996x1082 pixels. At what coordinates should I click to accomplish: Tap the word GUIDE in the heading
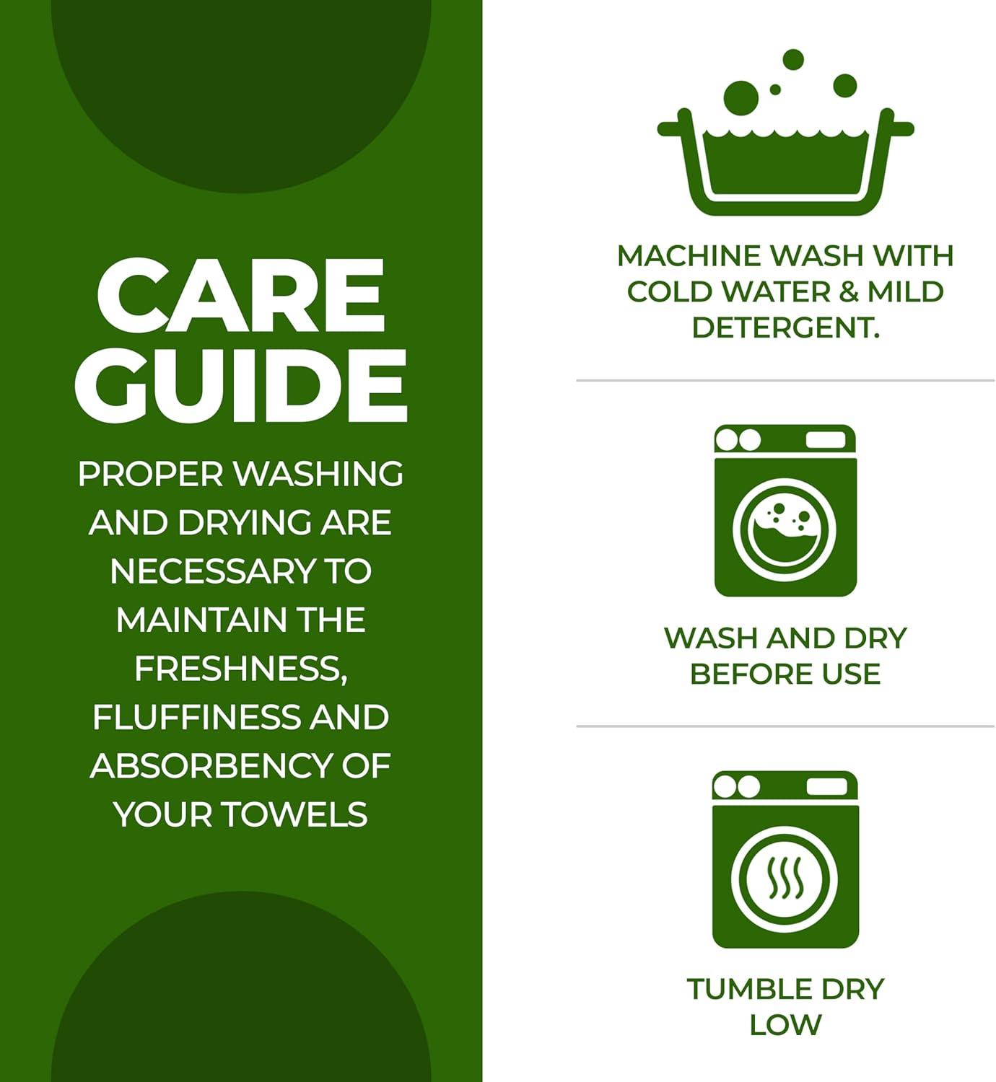(x=241, y=386)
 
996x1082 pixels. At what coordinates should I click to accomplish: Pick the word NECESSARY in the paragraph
(x=213, y=571)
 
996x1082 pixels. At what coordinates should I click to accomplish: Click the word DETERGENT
(x=785, y=327)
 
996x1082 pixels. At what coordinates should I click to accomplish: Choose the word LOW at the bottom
(x=785, y=1025)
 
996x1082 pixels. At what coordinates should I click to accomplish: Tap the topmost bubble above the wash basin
(x=793, y=59)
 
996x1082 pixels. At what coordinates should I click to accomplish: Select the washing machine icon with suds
(x=785, y=511)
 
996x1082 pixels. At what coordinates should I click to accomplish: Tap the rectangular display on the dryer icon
(x=826, y=787)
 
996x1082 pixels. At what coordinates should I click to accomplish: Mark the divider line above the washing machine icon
(x=785, y=380)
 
